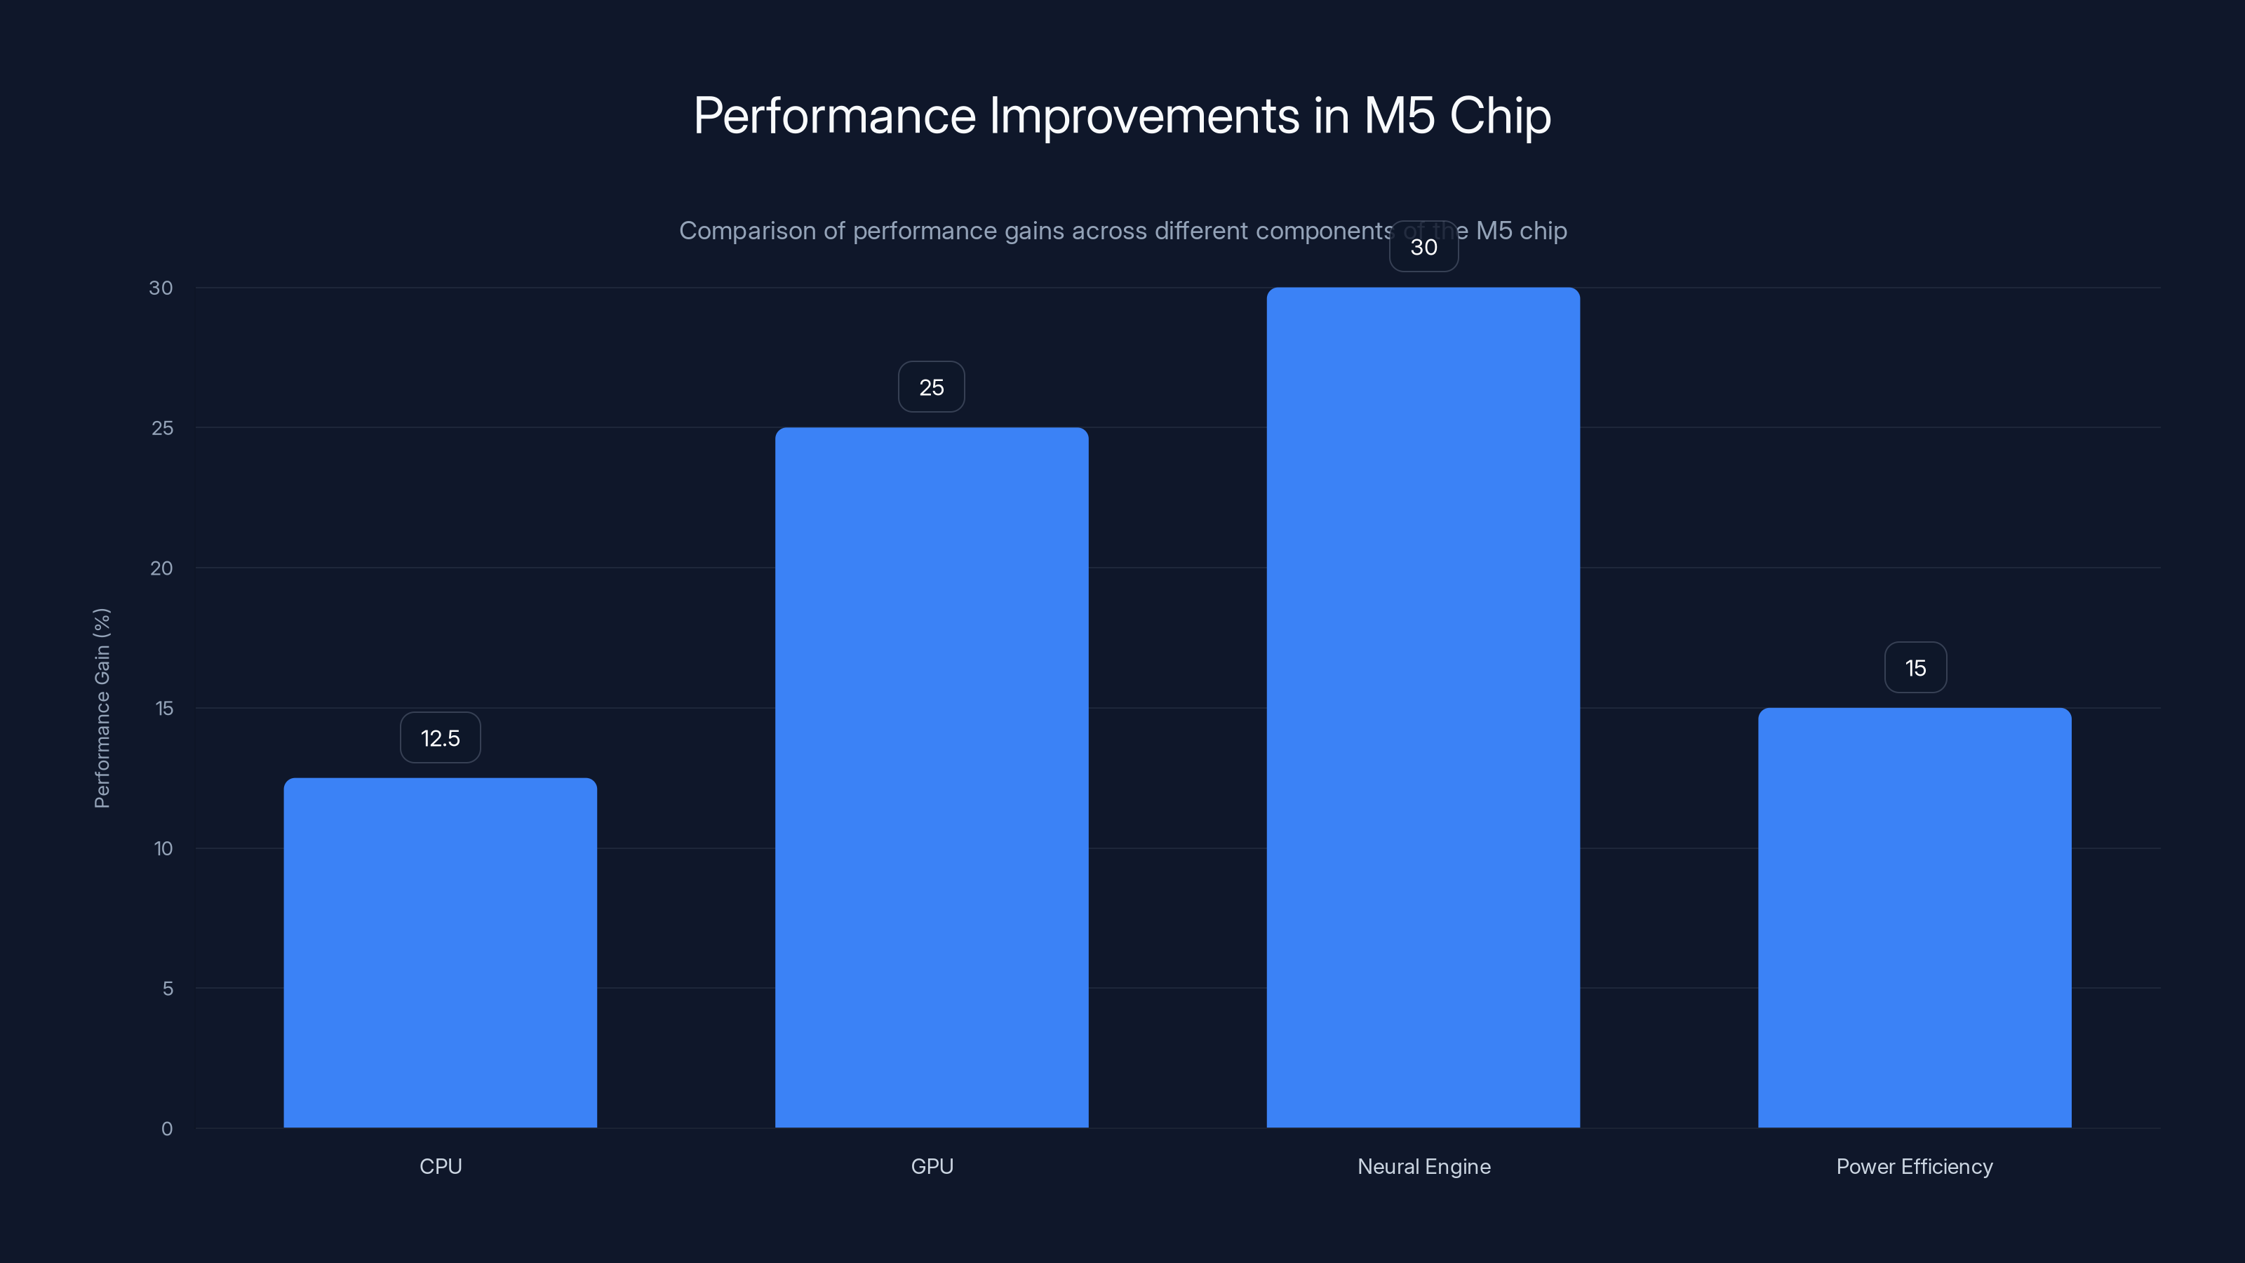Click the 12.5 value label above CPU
coord(440,738)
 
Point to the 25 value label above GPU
coord(932,387)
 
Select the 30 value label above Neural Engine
coord(1423,247)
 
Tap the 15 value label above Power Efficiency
coord(1915,668)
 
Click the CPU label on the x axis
coord(440,1166)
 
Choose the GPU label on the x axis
coord(932,1166)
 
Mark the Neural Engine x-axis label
coord(1423,1166)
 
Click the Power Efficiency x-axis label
coord(1914,1166)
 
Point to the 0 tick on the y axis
coord(166,1129)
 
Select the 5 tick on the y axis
coord(168,989)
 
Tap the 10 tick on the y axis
coord(163,848)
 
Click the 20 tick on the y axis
coord(161,568)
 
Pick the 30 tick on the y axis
coord(161,288)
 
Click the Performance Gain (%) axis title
coord(102,708)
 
